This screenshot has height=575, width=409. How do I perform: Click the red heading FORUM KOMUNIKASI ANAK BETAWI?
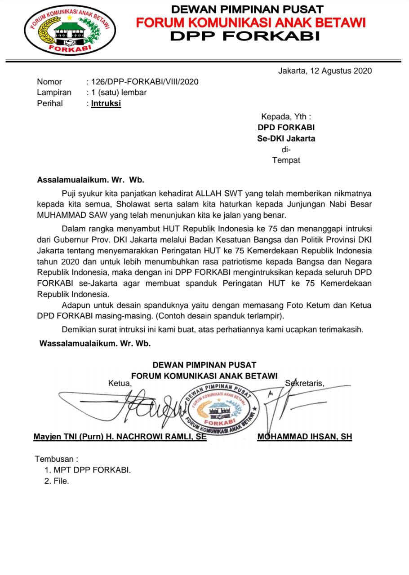coord(251,22)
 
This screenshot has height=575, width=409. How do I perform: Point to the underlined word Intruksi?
coord(106,103)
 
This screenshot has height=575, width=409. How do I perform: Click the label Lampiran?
coord(54,93)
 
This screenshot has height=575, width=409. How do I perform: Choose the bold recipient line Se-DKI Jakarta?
coord(286,138)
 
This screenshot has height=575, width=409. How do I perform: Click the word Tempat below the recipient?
coord(286,160)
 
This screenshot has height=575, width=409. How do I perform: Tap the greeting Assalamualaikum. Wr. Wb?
coord(90,180)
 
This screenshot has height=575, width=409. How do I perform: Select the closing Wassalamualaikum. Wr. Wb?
coord(95,344)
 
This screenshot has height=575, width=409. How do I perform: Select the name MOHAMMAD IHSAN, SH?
coord(305,437)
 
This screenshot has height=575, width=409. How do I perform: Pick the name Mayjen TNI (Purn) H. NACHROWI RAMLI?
coord(120,437)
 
